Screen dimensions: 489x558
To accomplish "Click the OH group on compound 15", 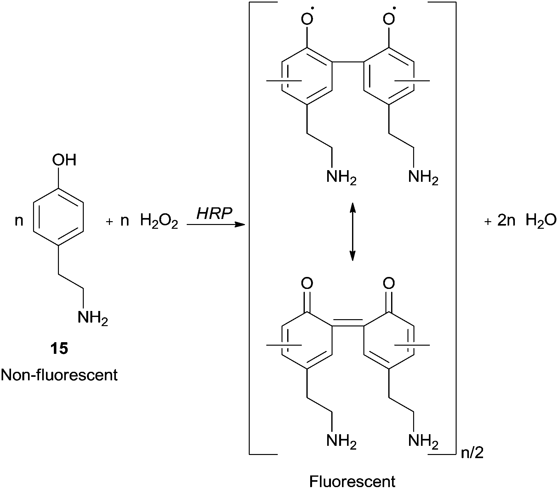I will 64,160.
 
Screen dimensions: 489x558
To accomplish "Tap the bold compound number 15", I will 59,349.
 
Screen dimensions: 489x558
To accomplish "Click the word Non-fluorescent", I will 59,375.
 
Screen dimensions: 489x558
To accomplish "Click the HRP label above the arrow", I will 214,214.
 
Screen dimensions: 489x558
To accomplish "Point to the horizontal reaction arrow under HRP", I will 216,225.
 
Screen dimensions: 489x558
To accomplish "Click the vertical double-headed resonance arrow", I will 352,232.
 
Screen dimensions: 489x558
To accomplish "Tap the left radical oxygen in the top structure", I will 307,19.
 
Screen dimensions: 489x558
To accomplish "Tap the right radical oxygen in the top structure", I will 389,19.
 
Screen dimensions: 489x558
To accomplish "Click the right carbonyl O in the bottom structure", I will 389,283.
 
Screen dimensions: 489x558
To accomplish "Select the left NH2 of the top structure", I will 341,177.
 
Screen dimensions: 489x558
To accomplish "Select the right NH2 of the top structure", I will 423,177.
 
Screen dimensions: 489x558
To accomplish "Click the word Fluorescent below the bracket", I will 352,481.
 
